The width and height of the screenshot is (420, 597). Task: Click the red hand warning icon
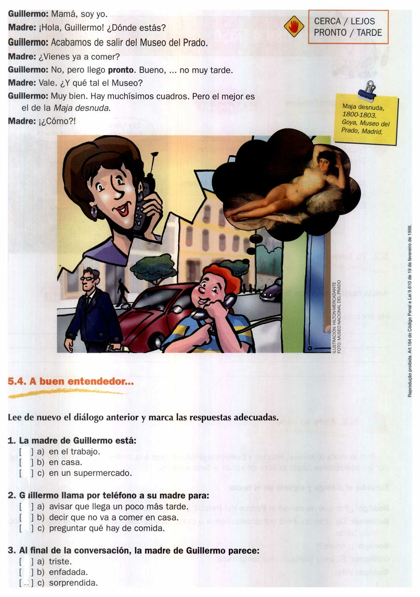[294, 27]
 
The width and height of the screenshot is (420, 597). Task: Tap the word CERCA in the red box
[327, 21]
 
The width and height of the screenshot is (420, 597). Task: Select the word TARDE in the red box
[369, 33]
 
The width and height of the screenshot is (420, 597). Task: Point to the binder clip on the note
[367, 90]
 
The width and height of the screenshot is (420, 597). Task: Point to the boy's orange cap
[223, 274]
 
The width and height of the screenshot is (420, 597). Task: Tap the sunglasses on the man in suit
[87, 278]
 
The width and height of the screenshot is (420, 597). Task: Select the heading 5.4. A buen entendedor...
[71, 381]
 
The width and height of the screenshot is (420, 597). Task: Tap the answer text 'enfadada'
[68, 572]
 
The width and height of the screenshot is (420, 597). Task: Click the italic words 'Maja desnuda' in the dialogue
[81, 108]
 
